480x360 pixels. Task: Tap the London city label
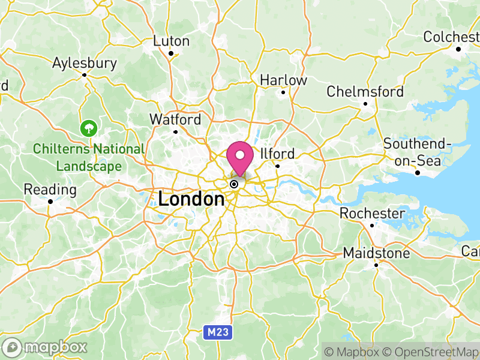click(191, 199)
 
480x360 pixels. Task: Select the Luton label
click(172, 41)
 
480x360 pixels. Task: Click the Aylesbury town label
click(84, 63)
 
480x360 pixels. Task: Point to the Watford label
click(175, 119)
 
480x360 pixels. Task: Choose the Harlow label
click(283, 80)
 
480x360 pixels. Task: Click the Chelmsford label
click(365, 92)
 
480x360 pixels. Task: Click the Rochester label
click(372, 213)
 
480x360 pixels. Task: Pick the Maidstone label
click(376, 253)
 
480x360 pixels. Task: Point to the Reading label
click(50, 190)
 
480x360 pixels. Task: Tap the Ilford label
click(277, 153)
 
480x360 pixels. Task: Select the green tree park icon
click(89, 127)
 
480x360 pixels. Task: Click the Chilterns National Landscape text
click(89, 157)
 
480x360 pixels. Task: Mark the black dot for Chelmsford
click(365, 104)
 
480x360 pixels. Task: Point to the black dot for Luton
click(171, 53)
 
